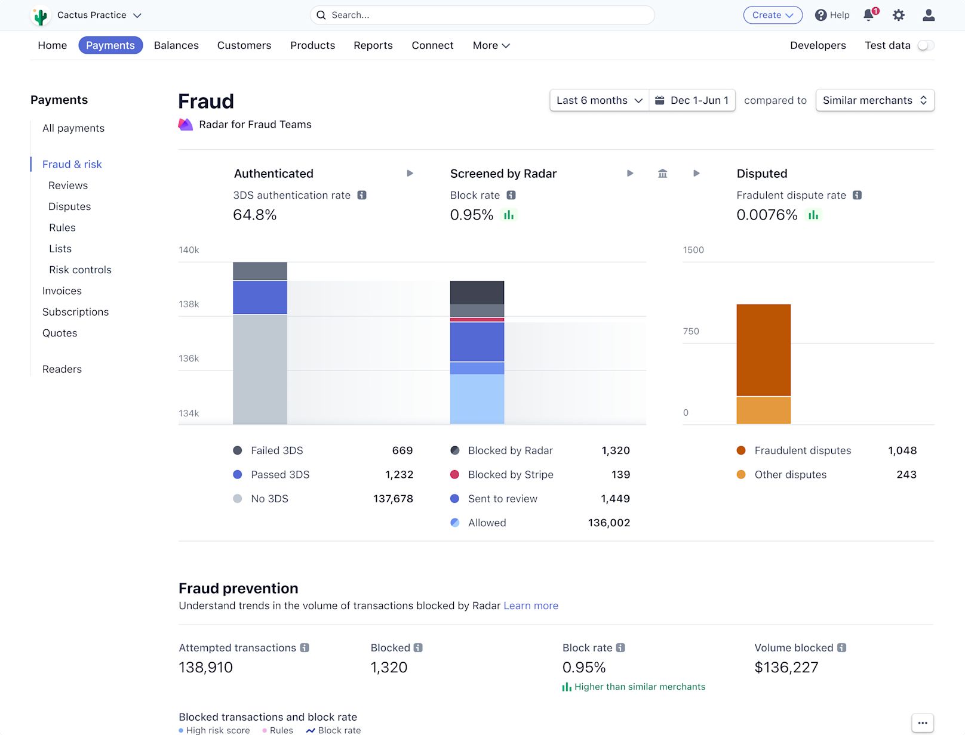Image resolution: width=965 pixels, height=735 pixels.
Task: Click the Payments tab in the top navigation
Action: pyautogui.click(x=110, y=45)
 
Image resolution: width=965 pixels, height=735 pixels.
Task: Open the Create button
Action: pyautogui.click(x=773, y=15)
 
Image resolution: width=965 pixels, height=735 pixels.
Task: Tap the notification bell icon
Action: pyautogui.click(x=869, y=15)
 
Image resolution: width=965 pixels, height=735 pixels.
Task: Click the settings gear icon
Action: pyautogui.click(x=898, y=15)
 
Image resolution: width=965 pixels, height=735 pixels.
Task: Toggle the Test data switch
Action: pyautogui.click(x=926, y=45)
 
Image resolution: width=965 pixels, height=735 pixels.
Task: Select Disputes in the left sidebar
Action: pyautogui.click(x=69, y=206)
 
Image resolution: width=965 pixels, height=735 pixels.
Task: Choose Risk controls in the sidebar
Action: pyautogui.click(x=80, y=270)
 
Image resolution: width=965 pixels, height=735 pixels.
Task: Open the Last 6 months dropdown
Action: pyautogui.click(x=599, y=100)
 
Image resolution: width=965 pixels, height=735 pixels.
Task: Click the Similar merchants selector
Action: pyautogui.click(x=874, y=100)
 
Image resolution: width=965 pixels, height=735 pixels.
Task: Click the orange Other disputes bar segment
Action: pyautogui.click(x=763, y=410)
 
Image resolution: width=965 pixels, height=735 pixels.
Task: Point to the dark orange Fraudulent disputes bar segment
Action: pyautogui.click(x=763, y=350)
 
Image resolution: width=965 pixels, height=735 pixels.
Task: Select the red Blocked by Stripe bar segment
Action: pyautogui.click(x=477, y=320)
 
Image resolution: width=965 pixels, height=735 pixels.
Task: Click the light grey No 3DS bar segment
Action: pyautogui.click(x=260, y=369)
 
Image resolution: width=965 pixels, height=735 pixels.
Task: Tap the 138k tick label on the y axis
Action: pyautogui.click(x=189, y=304)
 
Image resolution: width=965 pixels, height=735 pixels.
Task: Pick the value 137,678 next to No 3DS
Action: pyautogui.click(x=392, y=498)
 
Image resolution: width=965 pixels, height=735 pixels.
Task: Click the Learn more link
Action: pyautogui.click(x=531, y=606)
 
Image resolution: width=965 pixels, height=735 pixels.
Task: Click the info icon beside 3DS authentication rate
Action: pyautogui.click(x=361, y=195)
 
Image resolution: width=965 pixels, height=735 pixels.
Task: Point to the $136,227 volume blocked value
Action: pyautogui.click(x=786, y=668)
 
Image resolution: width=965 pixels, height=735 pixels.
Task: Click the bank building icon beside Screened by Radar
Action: pyautogui.click(x=662, y=174)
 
